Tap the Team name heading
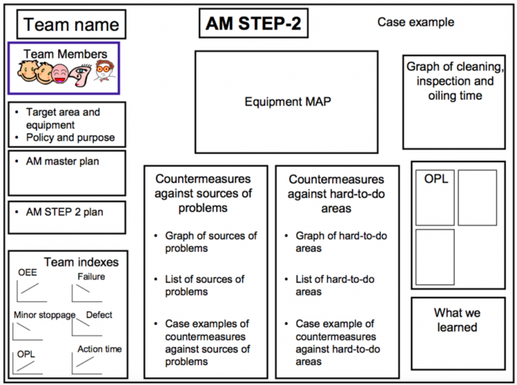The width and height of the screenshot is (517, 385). tap(71, 25)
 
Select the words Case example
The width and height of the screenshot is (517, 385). tap(416, 22)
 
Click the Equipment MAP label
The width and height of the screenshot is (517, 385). tap(287, 101)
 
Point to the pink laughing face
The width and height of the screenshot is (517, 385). tap(60, 74)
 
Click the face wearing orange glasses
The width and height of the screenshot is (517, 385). tap(104, 70)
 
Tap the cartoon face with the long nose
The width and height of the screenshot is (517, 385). tap(81, 75)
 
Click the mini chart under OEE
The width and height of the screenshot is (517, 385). tap(32, 291)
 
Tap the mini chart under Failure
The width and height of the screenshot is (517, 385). tap(87, 293)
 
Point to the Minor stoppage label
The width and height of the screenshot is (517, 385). tap(44, 315)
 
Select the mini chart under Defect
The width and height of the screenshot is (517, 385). tap(87, 327)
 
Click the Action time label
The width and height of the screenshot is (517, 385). tap(100, 349)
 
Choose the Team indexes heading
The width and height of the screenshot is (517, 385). tap(81, 262)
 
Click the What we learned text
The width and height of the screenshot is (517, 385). tap(457, 320)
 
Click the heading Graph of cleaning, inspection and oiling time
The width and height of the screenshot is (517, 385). tap(455, 81)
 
